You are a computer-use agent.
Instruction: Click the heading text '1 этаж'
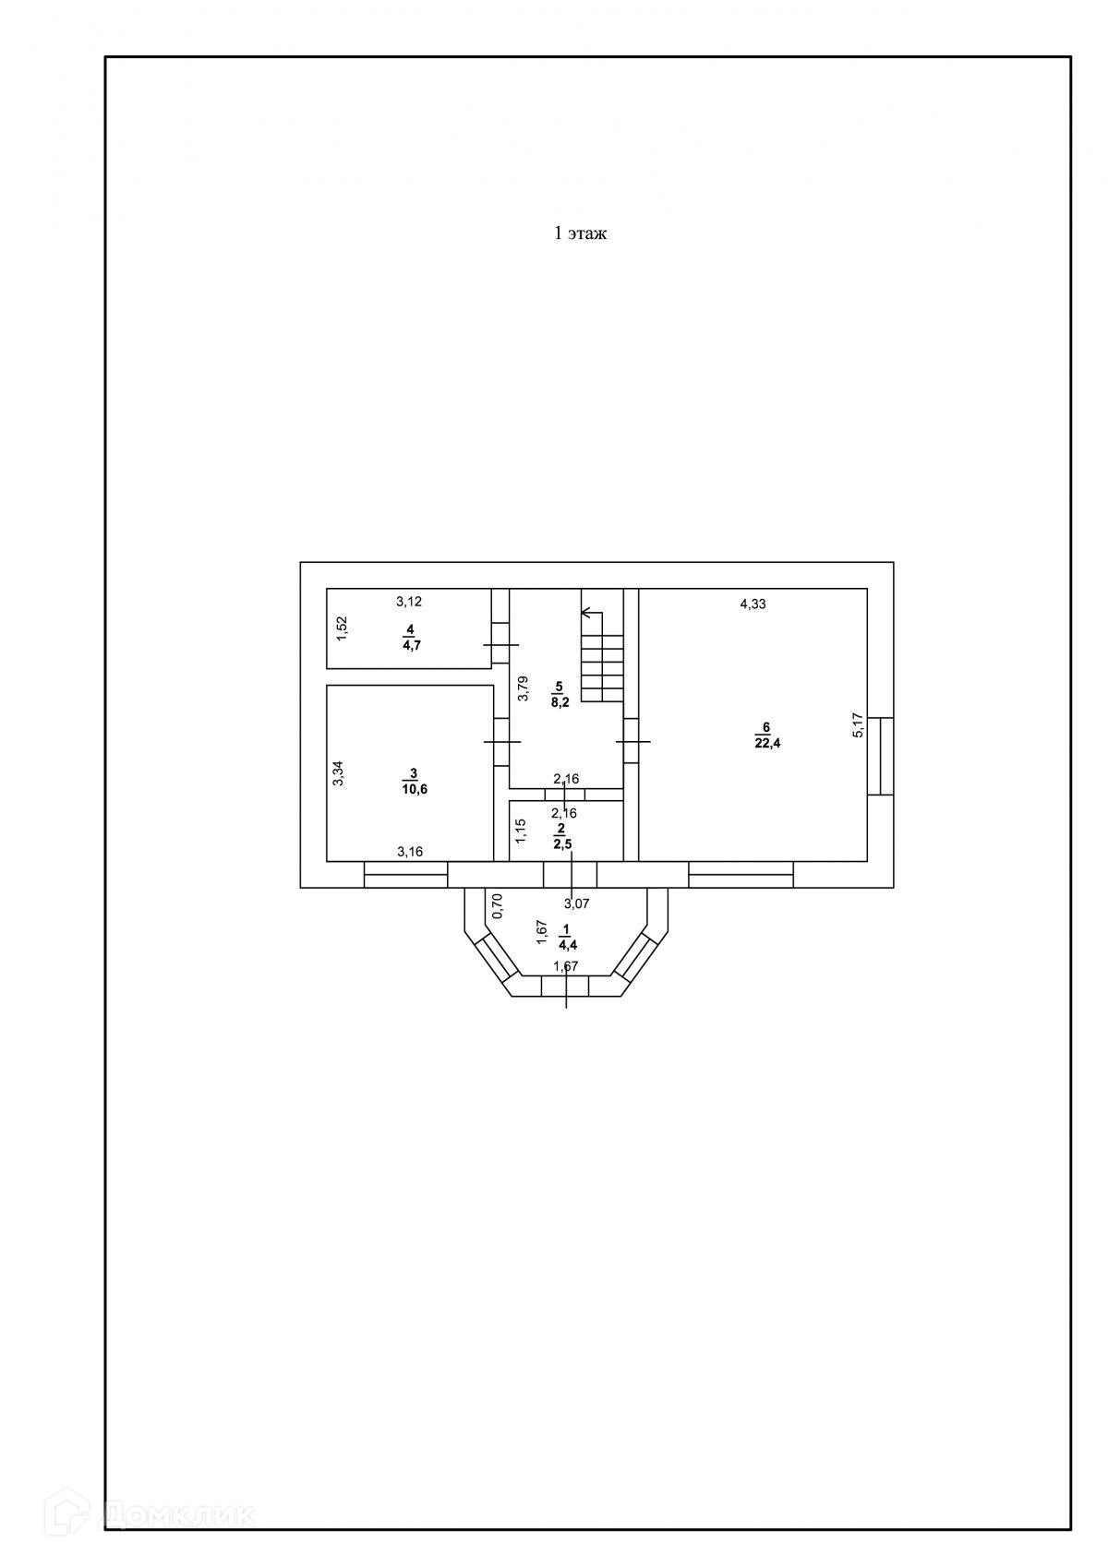[x=579, y=233]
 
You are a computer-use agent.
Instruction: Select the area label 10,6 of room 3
[x=414, y=789]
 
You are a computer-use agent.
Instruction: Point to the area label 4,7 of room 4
[x=410, y=645]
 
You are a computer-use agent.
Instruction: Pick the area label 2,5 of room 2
[x=561, y=843]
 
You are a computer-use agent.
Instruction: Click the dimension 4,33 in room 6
[x=753, y=604]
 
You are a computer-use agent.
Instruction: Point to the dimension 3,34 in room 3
[x=338, y=772]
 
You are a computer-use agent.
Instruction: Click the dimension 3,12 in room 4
[x=409, y=602]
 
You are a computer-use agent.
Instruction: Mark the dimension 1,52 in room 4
[x=341, y=628]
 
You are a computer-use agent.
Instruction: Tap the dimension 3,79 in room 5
[x=523, y=689]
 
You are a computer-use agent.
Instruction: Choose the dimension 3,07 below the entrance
[x=576, y=903]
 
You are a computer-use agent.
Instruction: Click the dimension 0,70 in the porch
[x=497, y=905]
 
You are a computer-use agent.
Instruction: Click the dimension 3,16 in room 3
[x=410, y=852]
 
